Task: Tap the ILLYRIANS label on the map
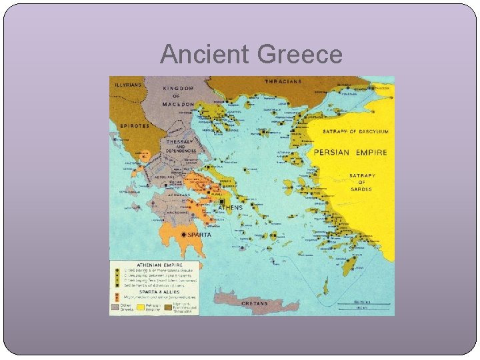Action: (128, 84)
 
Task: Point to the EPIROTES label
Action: (134, 125)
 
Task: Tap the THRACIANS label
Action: (283, 82)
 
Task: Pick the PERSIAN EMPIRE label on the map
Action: (350, 153)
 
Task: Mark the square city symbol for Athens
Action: (221, 201)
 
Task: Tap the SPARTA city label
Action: (199, 235)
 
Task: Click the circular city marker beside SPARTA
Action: (183, 235)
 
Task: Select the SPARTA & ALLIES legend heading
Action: (136, 290)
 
